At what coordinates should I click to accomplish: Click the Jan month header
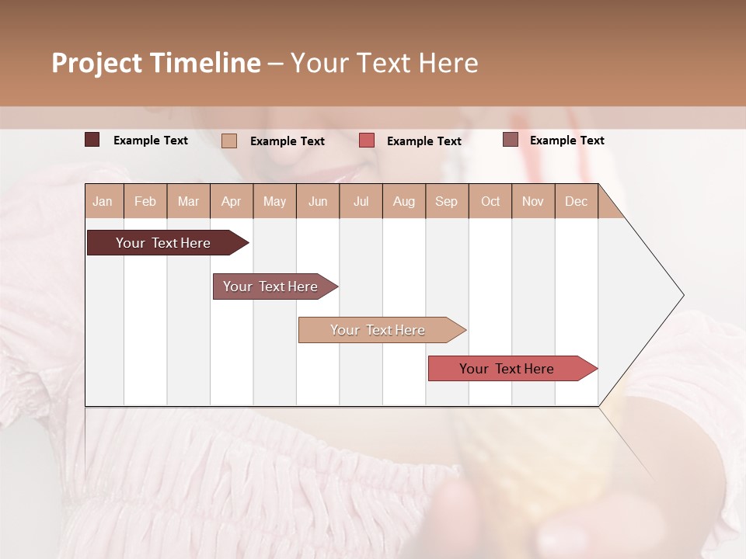[103, 201]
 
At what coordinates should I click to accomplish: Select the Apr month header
[232, 201]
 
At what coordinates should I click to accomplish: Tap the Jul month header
[361, 201]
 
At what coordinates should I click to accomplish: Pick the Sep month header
[447, 201]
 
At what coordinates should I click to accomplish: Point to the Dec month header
[576, 201]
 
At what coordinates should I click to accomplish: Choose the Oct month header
[490, 201]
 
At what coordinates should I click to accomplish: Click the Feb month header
[145, 201]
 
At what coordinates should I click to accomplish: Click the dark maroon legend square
[92, 140]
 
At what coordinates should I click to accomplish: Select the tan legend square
[229, 141]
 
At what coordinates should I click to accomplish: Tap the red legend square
[367, 141]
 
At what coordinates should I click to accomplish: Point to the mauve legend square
[510, 140]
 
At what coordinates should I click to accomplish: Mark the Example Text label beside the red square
[424, 141]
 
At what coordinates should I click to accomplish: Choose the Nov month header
[533, 201]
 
